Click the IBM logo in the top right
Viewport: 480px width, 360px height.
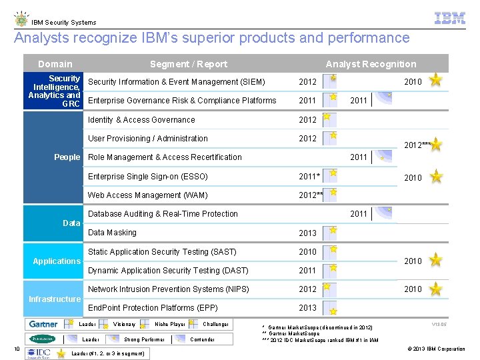pos(449,19)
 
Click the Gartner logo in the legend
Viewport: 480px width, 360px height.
pos(43,325)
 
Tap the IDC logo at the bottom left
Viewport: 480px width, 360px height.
pos(43,352)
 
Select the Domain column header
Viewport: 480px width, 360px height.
pos(55,64)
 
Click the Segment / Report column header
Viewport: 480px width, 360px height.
pos(189,64)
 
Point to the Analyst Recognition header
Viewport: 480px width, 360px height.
pos(371,64)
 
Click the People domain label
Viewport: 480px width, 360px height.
pos(67,157)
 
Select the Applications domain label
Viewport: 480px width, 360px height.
pos(57,261)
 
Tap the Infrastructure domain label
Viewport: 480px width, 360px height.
pos(55,299)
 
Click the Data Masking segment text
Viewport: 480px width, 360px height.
pos(112,233)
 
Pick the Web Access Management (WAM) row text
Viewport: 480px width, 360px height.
pos(148,195)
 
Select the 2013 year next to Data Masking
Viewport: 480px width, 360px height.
pos(308,233)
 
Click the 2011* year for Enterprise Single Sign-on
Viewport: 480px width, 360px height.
pos(309,177)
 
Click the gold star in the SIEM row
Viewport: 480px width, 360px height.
pos(435,81)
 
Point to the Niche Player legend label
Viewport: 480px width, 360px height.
pos(170,325)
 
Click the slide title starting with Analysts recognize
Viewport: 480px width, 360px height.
pos(212,38)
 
